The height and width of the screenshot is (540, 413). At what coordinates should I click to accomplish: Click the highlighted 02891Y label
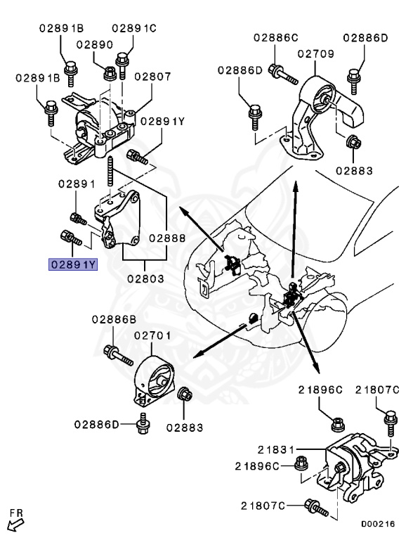72,264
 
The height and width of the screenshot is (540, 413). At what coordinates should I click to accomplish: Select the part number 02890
95,44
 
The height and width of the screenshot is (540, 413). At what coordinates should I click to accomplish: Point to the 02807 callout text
152,76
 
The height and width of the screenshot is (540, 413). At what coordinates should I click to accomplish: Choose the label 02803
145,278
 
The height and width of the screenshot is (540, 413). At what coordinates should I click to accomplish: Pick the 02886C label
276,37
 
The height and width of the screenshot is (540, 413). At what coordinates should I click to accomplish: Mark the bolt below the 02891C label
124,63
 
